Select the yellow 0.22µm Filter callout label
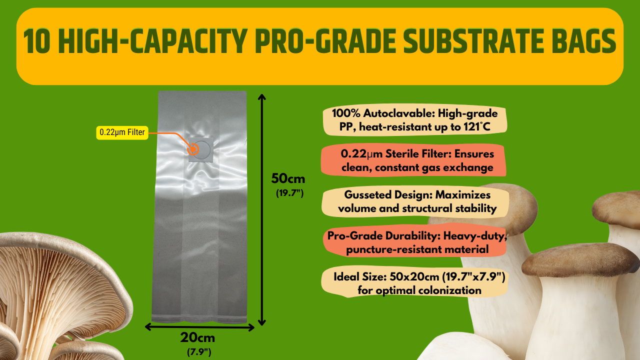pos(122,132)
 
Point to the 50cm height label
pos(288,178)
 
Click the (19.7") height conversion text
pos(290,193)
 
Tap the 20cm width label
pos(197,338)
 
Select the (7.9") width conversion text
pos(199,352)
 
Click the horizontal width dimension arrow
pos(199,327)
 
